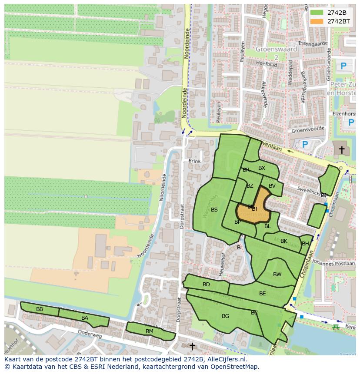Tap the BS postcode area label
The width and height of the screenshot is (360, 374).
(214, 210)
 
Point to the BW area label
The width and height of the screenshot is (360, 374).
(277, 275)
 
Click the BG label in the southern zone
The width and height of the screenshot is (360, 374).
(225, 316)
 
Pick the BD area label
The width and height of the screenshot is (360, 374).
(206, 285)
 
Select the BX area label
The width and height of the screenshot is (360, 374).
(262, 168)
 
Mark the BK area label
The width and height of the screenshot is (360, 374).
(284, 241)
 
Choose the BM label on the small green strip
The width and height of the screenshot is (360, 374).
(149, 331)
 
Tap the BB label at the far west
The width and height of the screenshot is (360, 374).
(40, 309)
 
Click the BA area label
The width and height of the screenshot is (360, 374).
(85, 318)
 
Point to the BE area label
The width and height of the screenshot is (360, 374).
(262, 294)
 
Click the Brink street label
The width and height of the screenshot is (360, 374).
(194, 161)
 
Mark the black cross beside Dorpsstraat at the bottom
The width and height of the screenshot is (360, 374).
(192, 346)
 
